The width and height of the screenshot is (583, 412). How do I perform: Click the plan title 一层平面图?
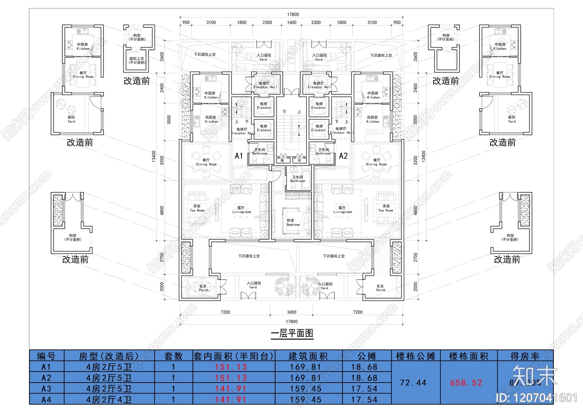(x=292, y=333)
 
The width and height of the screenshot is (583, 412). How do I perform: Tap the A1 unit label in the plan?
(x=239, y=156)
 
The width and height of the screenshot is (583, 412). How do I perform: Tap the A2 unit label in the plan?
(x=343, y=156)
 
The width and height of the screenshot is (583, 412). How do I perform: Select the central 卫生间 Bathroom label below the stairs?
(x=297, y=179)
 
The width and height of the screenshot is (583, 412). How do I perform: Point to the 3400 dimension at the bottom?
(x=291, y=312)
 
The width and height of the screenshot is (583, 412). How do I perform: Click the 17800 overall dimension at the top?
(x=293, y=15)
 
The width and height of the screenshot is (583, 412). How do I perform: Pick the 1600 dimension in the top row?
(x=291, y=23)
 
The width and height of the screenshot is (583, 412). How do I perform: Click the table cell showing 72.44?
(x=413, y=383)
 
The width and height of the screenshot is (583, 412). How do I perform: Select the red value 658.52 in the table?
(x=466, y=383)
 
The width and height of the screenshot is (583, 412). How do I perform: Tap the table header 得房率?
(x=525, y=356)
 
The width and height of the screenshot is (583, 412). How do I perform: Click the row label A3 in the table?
(x=46, y=389)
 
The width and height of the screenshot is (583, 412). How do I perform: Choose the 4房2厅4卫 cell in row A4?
(x=109, y=400)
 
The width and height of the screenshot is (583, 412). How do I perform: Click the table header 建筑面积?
(x=308, y=356)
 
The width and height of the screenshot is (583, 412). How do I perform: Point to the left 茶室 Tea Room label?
(x=197, y=208)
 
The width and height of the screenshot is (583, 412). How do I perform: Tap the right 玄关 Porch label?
(x=380, y=288)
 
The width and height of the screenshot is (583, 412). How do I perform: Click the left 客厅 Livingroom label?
(x=241, y=209)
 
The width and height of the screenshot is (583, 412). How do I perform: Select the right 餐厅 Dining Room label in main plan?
(x=376, y=162)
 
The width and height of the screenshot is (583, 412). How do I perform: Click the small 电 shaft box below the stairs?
(x=282, y=160)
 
